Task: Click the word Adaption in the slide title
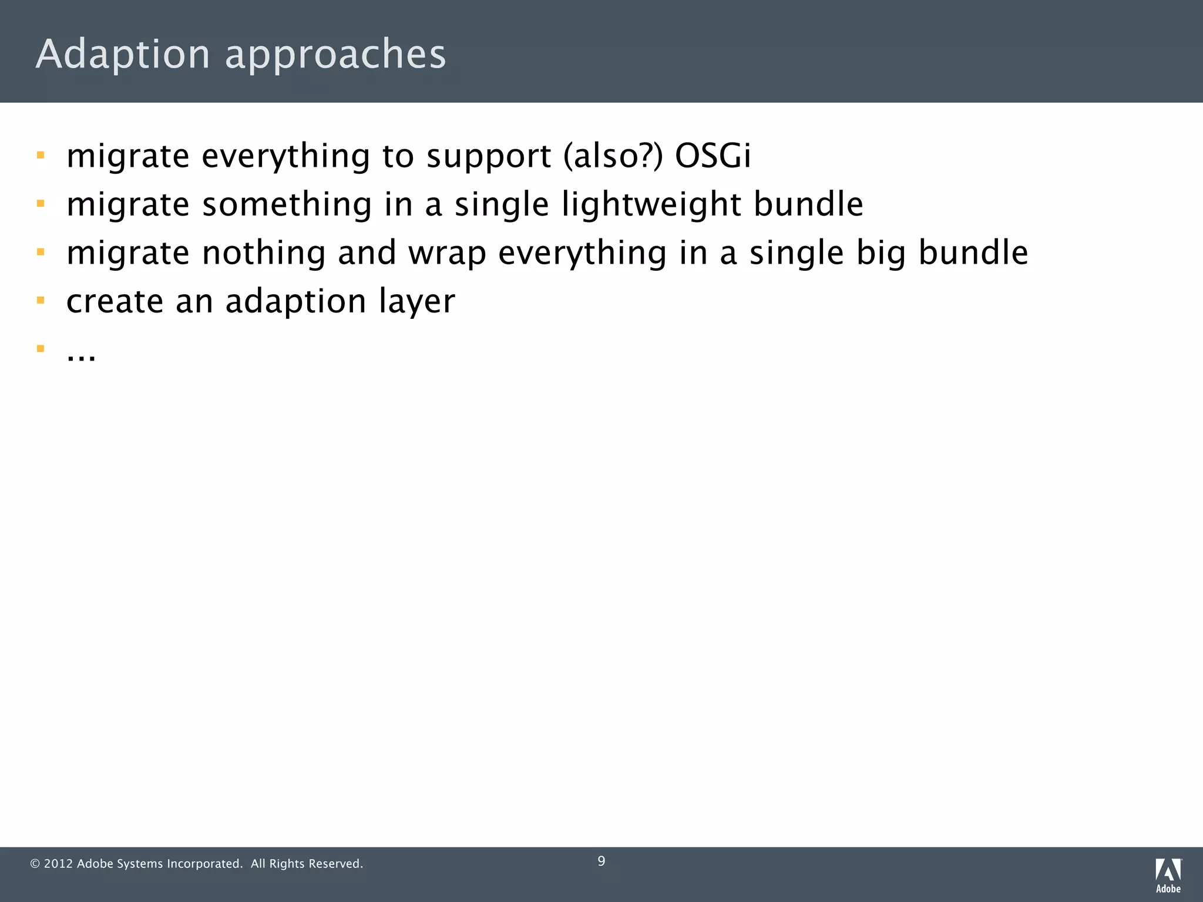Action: [122, 54]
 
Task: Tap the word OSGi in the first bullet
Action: [713, 156]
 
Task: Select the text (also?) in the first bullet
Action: [613, 156]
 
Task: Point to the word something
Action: [287, 205]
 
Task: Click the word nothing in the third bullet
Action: [264, 253]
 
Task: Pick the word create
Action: [115, 301]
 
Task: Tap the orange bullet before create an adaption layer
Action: [41, 301]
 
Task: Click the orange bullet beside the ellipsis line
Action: [41, 349]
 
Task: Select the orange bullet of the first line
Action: [41, 156]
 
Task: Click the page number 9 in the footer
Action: [601, 861]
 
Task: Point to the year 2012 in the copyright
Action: [58, 864]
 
